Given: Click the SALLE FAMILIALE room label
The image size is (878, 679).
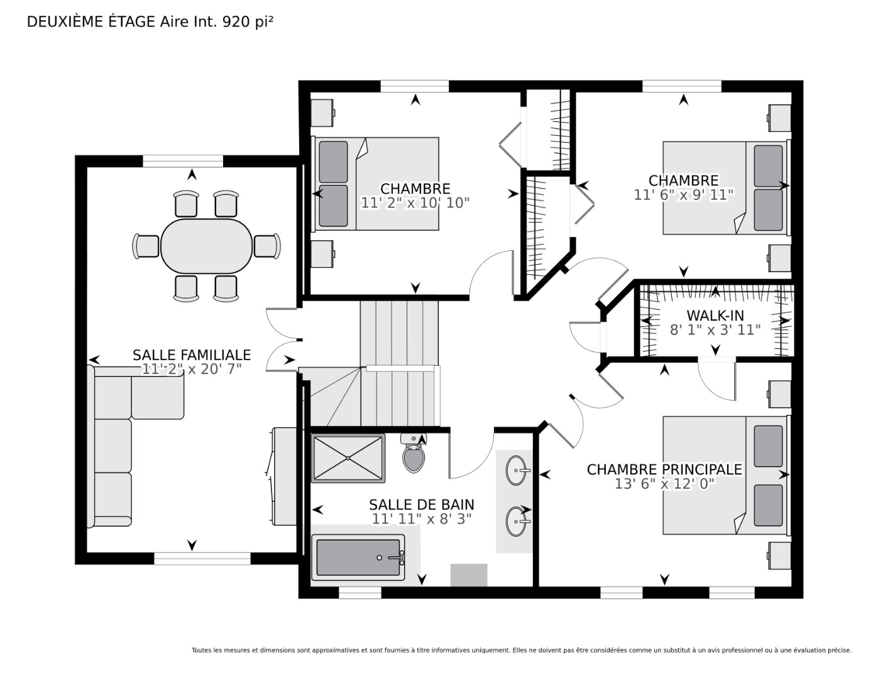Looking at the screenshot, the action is (192, 355).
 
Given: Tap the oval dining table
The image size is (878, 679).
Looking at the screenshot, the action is (207, 246).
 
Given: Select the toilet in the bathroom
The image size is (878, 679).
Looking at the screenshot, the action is (414, 453).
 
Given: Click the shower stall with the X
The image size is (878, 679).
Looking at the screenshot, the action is (348, 458).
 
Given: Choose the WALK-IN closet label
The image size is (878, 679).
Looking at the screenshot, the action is (715, 315).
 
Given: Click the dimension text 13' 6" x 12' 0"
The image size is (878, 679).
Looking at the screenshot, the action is (665, 483).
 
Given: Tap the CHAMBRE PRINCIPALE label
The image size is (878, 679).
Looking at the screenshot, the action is (664, 469).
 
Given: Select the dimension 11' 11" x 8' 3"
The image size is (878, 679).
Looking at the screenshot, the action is (422, 519).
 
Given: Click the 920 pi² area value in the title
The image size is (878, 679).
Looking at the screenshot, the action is (247, 22).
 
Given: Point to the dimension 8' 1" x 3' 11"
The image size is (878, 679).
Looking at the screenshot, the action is (715, 330).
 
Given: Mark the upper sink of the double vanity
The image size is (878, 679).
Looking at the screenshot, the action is (517, 470).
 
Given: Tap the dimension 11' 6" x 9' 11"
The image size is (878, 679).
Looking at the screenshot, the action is (683, 195).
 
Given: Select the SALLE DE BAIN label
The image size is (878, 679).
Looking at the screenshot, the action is (422, 504).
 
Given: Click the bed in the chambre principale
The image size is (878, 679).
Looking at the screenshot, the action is (725, 475).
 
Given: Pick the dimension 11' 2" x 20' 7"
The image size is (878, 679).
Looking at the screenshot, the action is (192, 368).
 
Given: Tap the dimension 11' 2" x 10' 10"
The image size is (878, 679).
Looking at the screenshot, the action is (415, 202).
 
